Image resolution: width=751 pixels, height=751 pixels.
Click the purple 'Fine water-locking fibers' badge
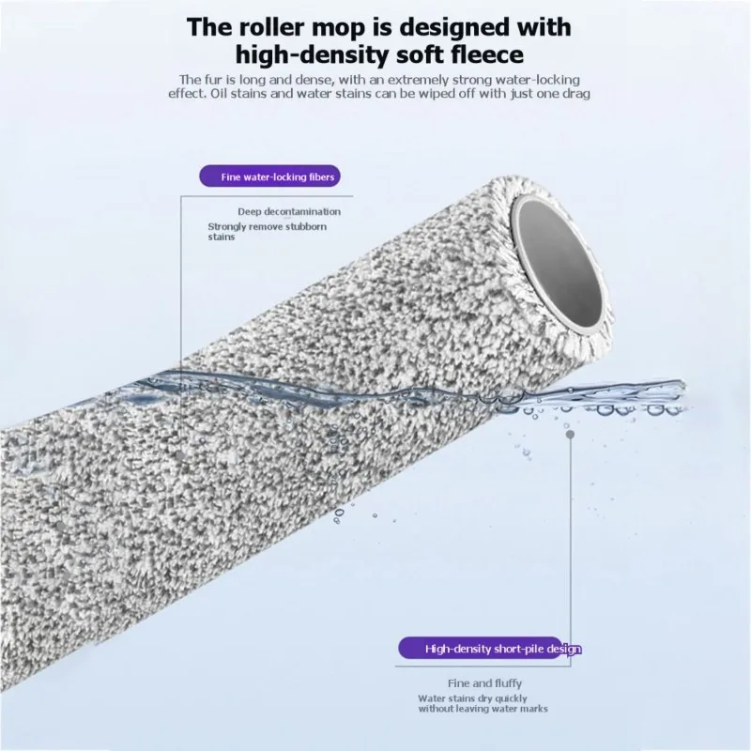point(270,176)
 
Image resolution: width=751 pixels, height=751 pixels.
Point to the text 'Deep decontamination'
point(289,212)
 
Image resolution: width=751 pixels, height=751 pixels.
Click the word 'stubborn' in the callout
point(306,226)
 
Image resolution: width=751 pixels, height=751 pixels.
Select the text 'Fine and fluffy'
point(484,683)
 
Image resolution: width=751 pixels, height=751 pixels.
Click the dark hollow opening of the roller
point(560,261)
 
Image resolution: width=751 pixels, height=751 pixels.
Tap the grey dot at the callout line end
point(570,435)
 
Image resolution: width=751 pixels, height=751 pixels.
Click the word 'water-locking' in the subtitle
point(543,80)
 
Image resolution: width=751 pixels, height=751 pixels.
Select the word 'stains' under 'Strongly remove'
point(222,238)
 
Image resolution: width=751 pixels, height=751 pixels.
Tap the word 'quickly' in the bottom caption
point(511,698)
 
